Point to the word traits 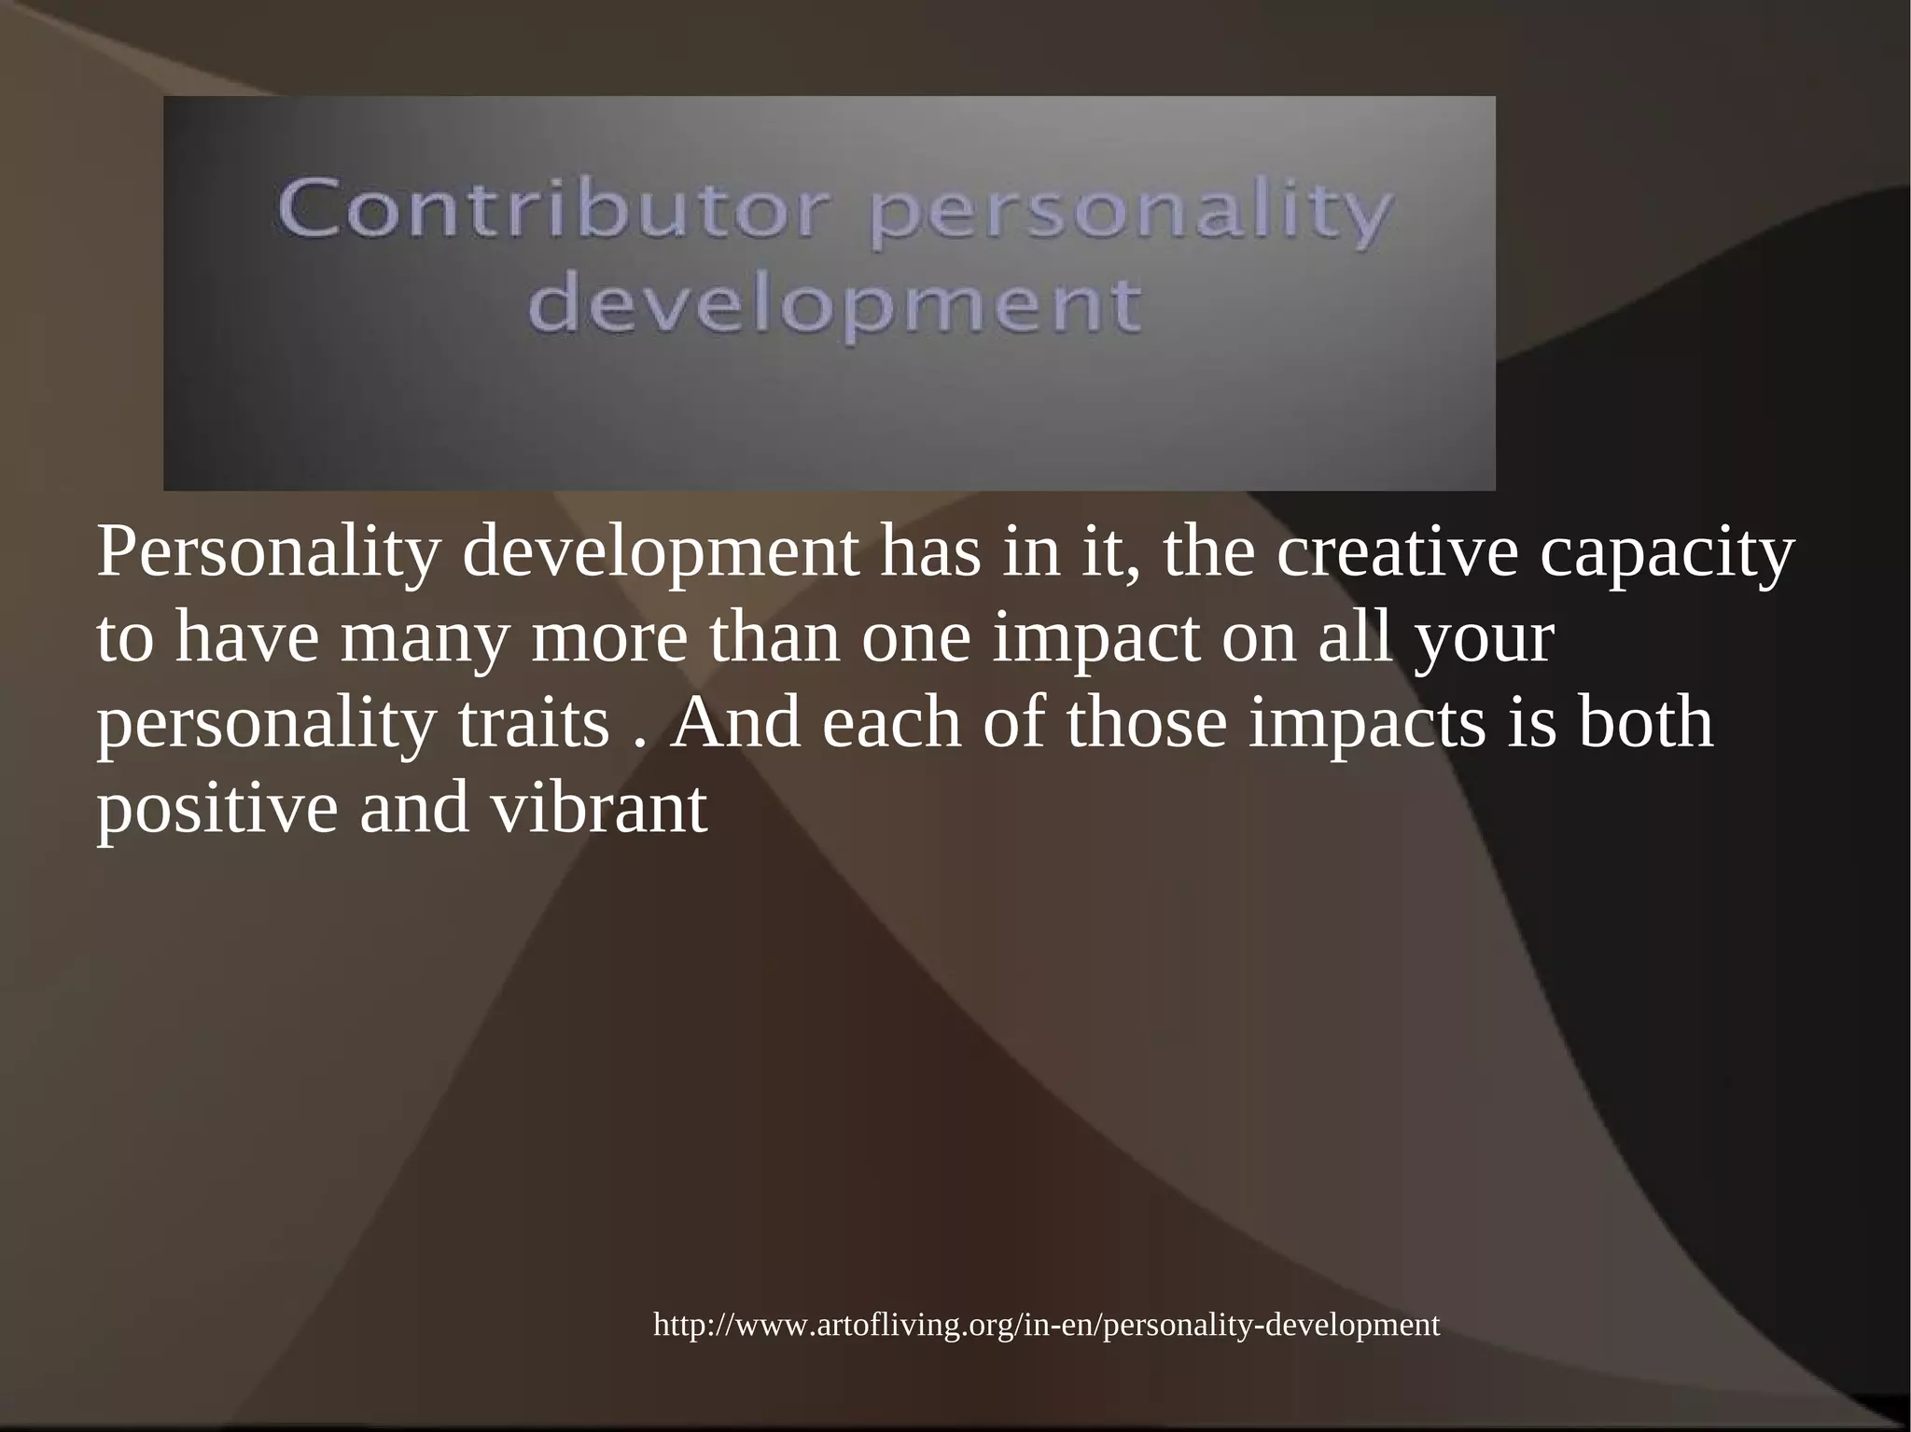click(x=533, y=725)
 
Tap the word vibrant click(x=599, y=809)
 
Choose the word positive click(x=216, y=811)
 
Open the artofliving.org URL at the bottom click(x=1046, y=1325)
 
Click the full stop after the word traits click(x=639, y=743)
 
